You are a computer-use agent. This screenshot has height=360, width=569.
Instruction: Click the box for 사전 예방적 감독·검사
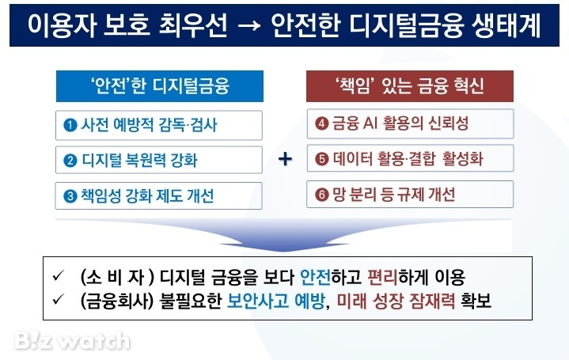158,126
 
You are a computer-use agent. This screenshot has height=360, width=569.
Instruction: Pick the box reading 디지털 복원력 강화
158,161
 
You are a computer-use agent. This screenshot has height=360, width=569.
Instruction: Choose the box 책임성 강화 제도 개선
158,195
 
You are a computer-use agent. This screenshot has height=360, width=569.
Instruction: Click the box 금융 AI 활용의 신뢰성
410,124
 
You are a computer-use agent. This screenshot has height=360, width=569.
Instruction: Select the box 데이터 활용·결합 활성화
410,159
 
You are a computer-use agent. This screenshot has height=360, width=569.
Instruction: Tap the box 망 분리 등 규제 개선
410,195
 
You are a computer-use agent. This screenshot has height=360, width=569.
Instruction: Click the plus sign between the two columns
285,160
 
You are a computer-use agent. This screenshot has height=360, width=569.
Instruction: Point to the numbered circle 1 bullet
70,126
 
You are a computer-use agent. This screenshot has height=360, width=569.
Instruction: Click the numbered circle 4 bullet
321,124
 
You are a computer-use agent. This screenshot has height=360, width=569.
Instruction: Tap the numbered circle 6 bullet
321,195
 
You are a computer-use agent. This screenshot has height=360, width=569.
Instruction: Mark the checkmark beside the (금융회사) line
57,301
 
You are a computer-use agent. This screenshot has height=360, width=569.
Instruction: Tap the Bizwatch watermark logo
71,340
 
